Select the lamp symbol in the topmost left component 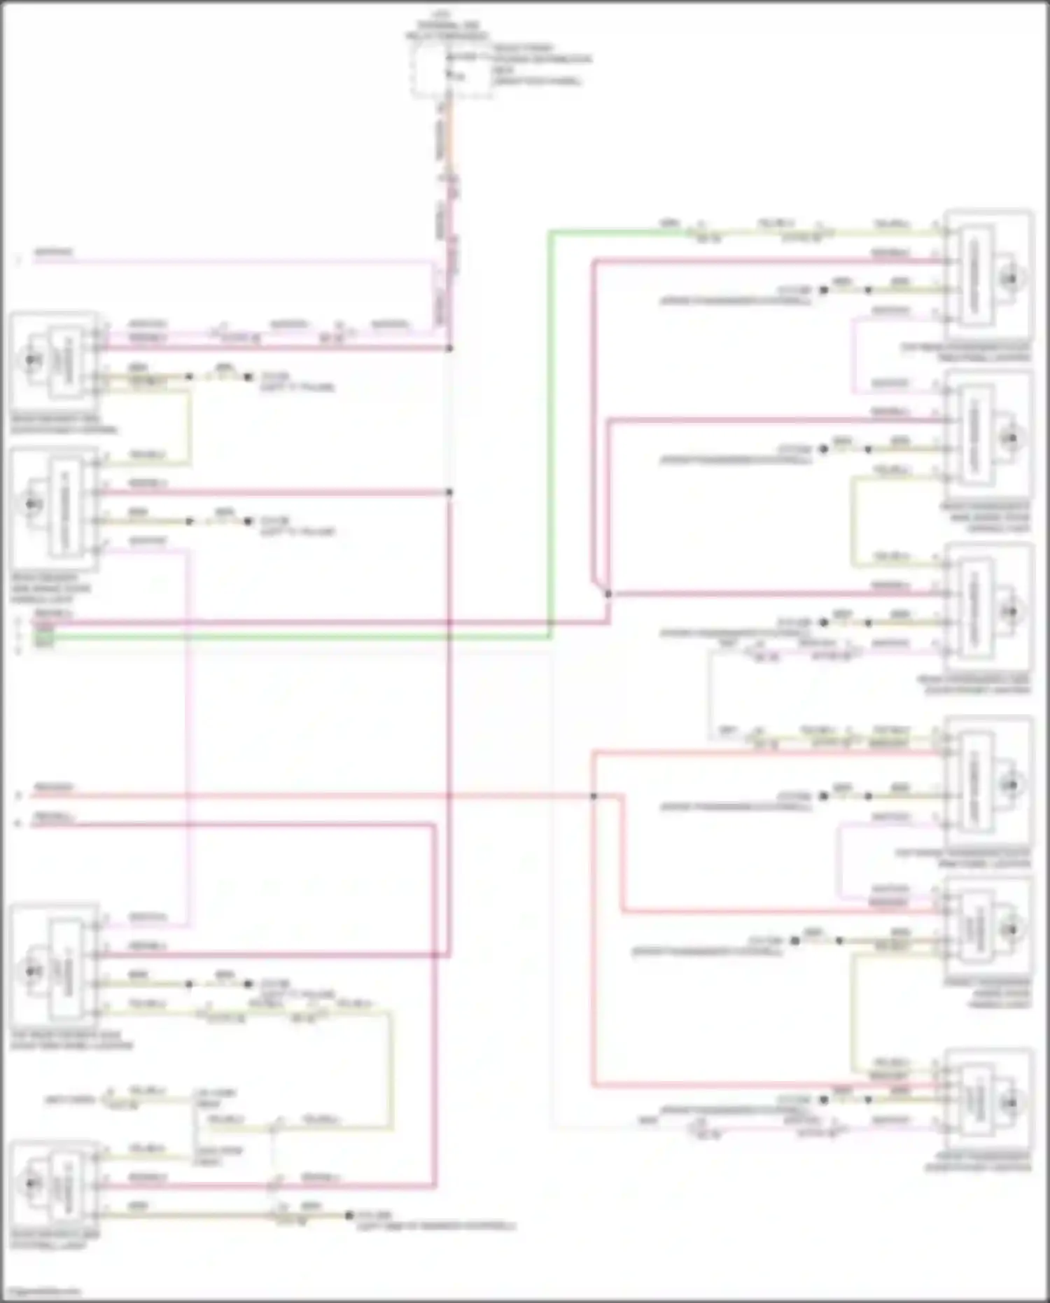point(31,360)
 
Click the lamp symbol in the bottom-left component point(31,1183)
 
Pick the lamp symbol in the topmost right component point(1010,279)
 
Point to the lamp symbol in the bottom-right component point(1010,1103)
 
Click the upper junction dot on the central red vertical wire point(449,348)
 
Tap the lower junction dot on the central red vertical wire point(449,492)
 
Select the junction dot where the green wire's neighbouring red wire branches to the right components point(608,594)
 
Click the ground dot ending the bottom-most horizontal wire point(349,1215)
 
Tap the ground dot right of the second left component point(248,522)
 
